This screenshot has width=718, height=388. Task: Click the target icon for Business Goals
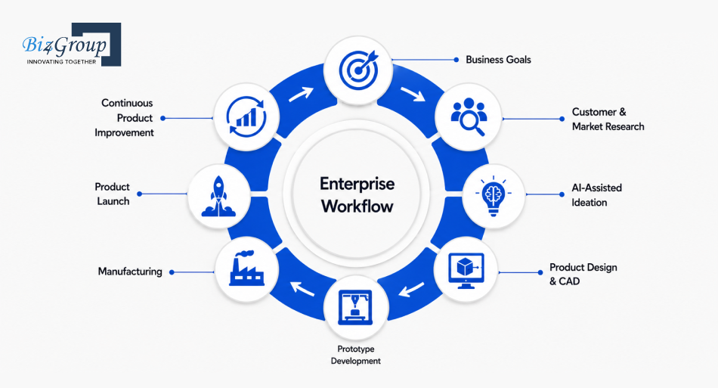tap(359, 70)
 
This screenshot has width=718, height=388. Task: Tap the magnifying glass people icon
tap(468, 116)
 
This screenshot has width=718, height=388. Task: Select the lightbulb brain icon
tap(493, 196)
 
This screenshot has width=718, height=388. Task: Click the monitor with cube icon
tap(466, 271)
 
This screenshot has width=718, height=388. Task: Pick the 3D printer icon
tap(355, 307)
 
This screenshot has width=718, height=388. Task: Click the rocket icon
tap(219, 196)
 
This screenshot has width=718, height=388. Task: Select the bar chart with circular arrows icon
tap(246, 116)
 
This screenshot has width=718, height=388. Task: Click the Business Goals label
tap(498, 60)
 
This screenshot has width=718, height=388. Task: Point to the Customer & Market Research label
tap(608, 119)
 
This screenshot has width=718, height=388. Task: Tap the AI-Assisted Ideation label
tap(596, 195)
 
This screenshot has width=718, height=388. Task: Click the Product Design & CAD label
tap(583, 274)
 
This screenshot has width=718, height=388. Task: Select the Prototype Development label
tap(356, 355)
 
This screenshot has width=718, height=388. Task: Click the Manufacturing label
tap(130, 272)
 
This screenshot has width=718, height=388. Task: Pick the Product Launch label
tap(112, 194)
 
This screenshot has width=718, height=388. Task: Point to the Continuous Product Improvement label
tap(124, 118)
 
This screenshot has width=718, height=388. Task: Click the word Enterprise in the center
tap(357, 184)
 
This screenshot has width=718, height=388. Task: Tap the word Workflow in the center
tap(357, 206)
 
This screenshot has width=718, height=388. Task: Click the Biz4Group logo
tap(72, 45)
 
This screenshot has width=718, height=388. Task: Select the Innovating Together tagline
tap(61, 61)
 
